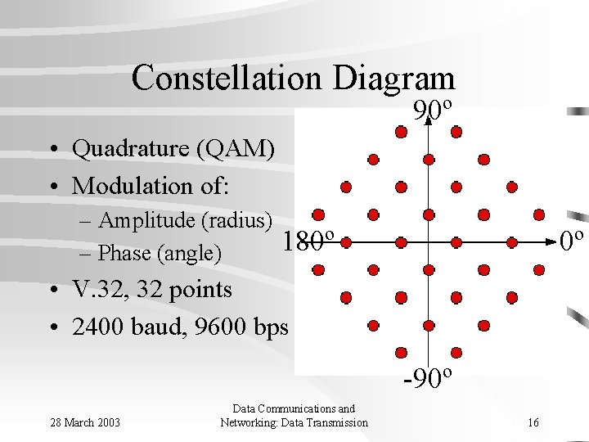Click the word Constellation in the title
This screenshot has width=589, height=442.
[229, 79]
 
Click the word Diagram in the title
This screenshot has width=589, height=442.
[394, 79]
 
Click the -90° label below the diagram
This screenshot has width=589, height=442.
[429, 378]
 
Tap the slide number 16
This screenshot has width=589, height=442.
[533, 422]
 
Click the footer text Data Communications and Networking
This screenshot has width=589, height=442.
[294, 415]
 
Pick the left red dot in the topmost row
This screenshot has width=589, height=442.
[401, 131]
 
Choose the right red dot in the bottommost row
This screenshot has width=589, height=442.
[456, 353]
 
